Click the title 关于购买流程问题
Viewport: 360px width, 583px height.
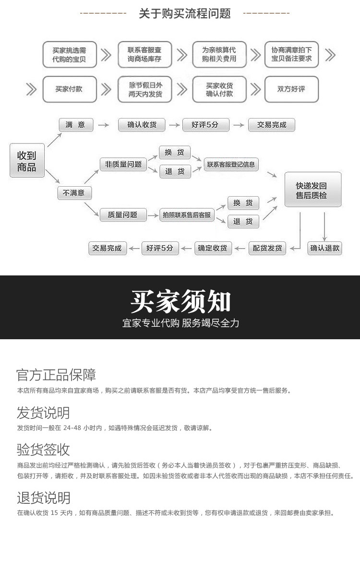click(185, 13)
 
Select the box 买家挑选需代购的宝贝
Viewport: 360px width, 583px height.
click(70, 54)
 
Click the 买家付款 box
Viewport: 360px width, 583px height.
click(69, 89)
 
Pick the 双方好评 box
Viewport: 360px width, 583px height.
click(291, 89)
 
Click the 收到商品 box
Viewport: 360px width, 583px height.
click(27, 161)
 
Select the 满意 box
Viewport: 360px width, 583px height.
click(75, 125)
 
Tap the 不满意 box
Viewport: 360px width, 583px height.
click(74, 193)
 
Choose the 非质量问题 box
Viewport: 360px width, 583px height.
click(123, 164)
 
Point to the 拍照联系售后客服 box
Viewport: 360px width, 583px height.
click(187, 215)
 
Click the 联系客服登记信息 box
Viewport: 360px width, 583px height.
click(231, 164)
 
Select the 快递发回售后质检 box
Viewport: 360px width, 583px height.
click(312, 190)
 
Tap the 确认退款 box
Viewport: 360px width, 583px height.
click(325, 248)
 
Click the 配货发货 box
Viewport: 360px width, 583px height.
click(267, 248)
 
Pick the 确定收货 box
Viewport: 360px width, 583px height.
click(213, 248)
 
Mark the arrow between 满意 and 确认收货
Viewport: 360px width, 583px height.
click(103, 125)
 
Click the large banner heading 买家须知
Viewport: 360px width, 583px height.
click(180, 301)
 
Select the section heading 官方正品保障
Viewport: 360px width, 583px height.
click(56, 375)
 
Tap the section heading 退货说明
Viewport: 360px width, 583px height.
click(43, 497)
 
